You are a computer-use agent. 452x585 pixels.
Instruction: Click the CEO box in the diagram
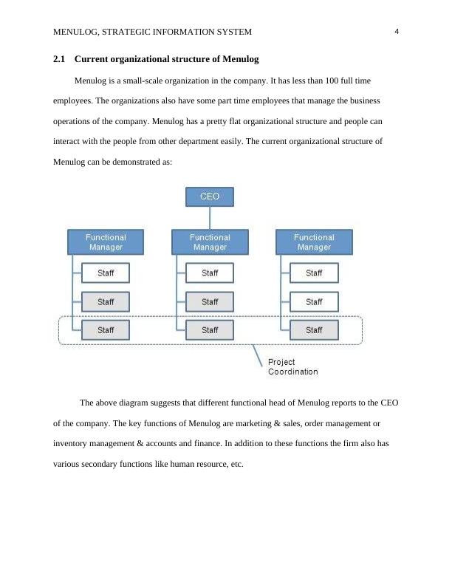[210, 196]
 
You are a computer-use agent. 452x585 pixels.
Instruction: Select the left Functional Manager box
[106, 242]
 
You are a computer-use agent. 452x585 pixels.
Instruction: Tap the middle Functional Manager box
[210, 242]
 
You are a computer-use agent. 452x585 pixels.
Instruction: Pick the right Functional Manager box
[314, 242]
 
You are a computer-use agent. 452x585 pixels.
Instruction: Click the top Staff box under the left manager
[106, 273]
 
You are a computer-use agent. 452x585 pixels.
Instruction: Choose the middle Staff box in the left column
[106, 302]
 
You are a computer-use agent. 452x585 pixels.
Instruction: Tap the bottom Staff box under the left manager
[106, 330]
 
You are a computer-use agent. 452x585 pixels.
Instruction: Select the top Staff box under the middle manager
[210, 273]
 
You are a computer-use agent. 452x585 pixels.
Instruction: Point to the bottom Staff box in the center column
[210, 330]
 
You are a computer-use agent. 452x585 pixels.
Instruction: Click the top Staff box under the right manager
[314, 273]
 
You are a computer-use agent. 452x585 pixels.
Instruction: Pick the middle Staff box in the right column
[314, 302]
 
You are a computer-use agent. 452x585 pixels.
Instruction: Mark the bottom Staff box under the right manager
[314, 330]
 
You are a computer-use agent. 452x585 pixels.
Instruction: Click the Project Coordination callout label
[292, 367]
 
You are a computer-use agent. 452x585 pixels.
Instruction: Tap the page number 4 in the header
[397, 32]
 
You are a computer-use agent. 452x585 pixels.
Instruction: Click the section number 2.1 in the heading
[60, 59]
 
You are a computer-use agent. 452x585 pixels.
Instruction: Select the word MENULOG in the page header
[78, 32]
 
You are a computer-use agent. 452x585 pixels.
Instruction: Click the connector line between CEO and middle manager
[210, 218]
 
